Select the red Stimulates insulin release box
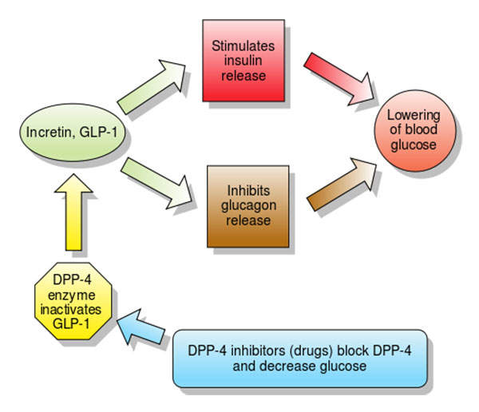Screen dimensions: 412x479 pos(244,62)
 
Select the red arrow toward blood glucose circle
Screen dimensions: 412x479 pos(339,77)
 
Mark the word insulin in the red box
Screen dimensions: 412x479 pos(244,63)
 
